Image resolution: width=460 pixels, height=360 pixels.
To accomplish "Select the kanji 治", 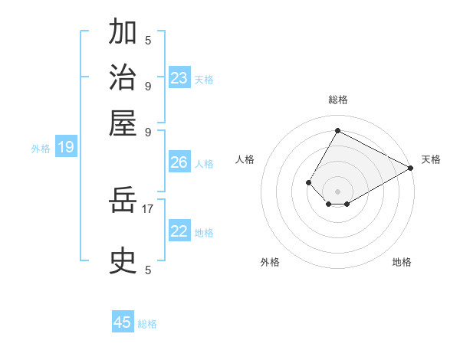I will (x=123, y=78).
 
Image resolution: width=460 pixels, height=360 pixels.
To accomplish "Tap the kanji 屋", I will (x=123, y=123).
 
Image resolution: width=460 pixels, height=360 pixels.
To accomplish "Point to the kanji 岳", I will (x=123, y=201).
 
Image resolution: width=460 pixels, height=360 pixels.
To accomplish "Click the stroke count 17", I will (x=148, y=208).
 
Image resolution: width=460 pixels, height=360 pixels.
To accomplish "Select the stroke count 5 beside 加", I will (x=148, y=40).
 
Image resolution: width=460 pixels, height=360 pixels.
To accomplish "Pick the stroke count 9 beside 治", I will (x=148, y=86).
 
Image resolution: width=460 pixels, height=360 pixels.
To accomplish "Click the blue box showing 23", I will (x=179, y=78).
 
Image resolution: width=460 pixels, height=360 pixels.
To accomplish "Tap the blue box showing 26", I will (x=179, y=162).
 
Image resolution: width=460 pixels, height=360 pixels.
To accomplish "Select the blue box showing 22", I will (x=179, y=231).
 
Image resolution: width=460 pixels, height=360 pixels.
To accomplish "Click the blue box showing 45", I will (x=123, y=322).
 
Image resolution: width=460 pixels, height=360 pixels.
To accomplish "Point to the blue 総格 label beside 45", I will (x=148, y=324).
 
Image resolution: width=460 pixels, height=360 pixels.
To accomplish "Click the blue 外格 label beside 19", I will (x=41, y=149).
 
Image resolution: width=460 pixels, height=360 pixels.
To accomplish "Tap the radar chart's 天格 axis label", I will (x=431, y=159).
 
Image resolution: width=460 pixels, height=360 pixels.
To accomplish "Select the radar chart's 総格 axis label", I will (x=337, y=100).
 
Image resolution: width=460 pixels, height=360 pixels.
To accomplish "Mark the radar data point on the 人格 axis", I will (x=308, y=182).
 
